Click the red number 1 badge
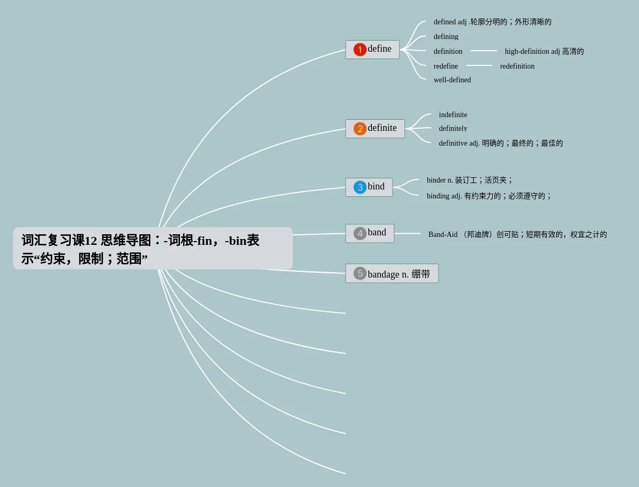point(360,50)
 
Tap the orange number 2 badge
point(360,129)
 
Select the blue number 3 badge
point(360,187)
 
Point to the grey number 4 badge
point(360,233)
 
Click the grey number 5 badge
point(360,273)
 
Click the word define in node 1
point(379,49)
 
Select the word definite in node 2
point(382,128)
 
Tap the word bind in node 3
point(376,187)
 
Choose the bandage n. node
point(398,274)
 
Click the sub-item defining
point(446,37)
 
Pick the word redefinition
point(517,66)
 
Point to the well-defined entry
point(452,80)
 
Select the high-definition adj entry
point(544,52)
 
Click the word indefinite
point(453,115)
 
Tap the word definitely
point(453,129)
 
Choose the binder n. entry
point(469,180)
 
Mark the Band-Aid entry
point(517,235)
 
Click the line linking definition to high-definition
point(483,51)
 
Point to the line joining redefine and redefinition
point(479,66)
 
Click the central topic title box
point(153,249)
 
